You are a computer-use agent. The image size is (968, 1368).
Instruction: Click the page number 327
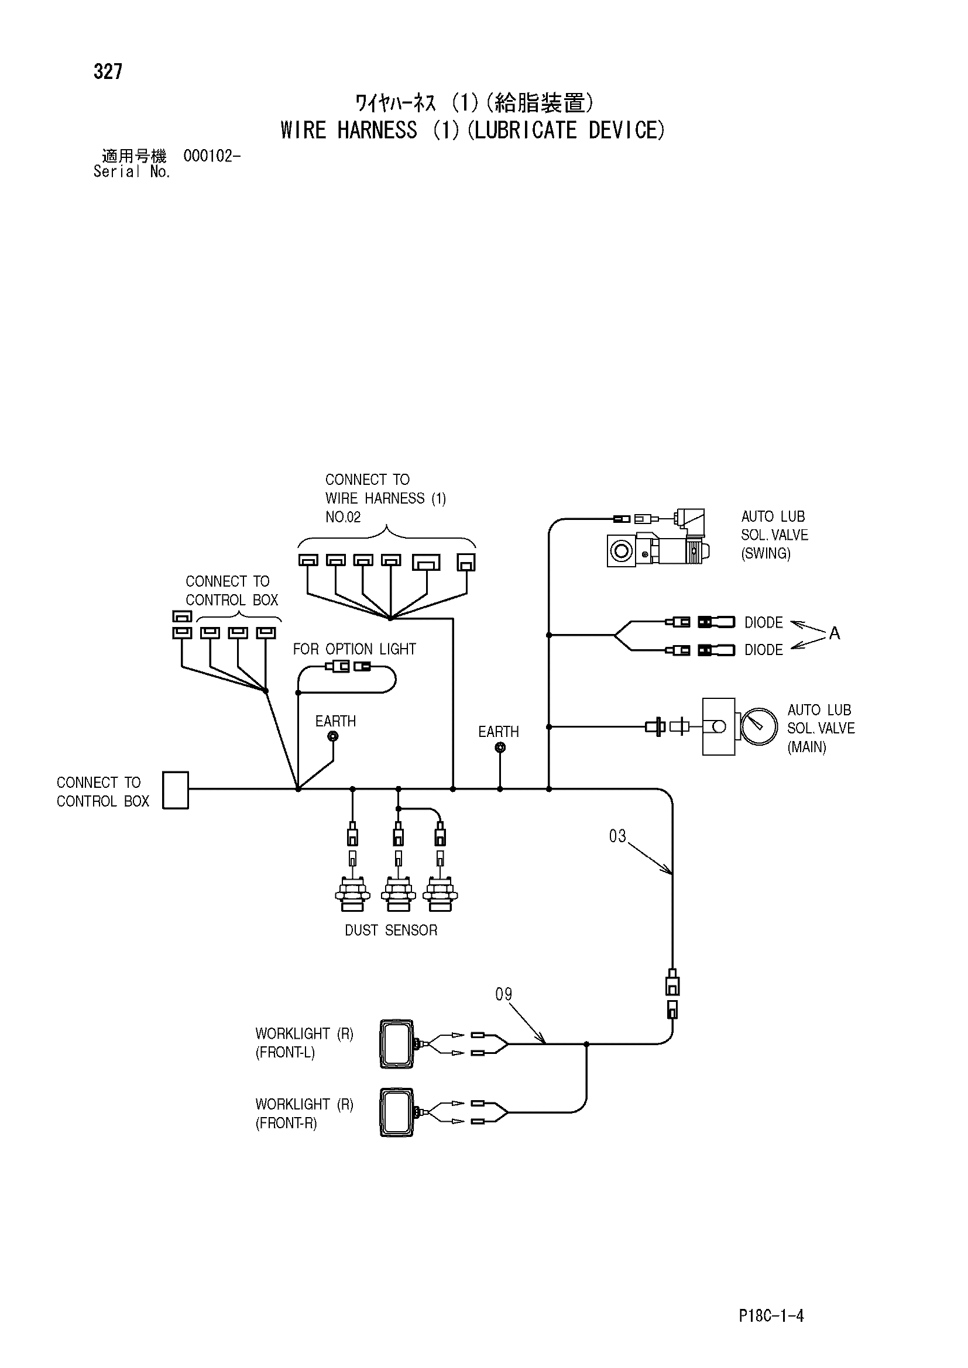[108, 71]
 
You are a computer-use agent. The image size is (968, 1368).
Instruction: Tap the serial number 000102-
[212, 156]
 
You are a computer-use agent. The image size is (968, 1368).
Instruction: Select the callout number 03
[617, 836]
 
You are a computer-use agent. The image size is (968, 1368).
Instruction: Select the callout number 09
[504, 994]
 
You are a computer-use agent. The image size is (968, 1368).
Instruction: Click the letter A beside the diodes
[835, 633]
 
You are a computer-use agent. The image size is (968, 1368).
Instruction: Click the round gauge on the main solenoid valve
[760, 726]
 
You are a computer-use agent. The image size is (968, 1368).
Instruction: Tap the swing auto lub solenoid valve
[657, 538]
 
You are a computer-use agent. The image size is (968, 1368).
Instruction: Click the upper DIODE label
[764, 623]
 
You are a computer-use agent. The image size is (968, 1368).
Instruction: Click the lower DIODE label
[764, 650]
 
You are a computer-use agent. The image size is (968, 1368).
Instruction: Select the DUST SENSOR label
[391, 931]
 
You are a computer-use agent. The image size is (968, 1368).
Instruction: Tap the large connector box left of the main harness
[176, 790]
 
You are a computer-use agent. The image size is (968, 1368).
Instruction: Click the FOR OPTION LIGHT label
[354, 649]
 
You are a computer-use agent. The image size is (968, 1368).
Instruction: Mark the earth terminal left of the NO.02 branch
[334, 736]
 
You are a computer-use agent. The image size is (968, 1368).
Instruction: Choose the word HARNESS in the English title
[377, 130]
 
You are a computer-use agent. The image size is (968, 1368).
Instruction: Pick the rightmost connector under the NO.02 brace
[466, 563]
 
